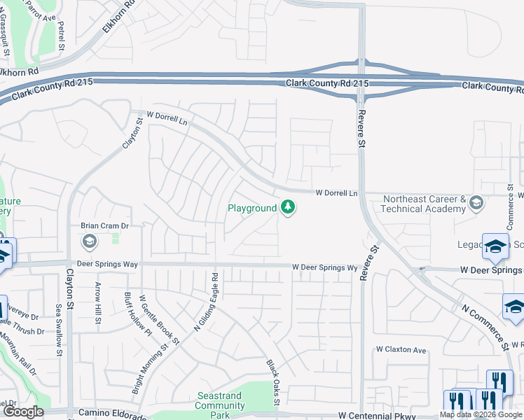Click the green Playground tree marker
287,207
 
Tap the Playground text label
253,208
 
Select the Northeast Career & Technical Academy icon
476,203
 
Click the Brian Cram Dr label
105,226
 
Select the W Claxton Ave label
401,349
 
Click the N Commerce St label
483,325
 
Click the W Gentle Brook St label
160,319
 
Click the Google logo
24,412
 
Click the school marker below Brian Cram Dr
89,242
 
